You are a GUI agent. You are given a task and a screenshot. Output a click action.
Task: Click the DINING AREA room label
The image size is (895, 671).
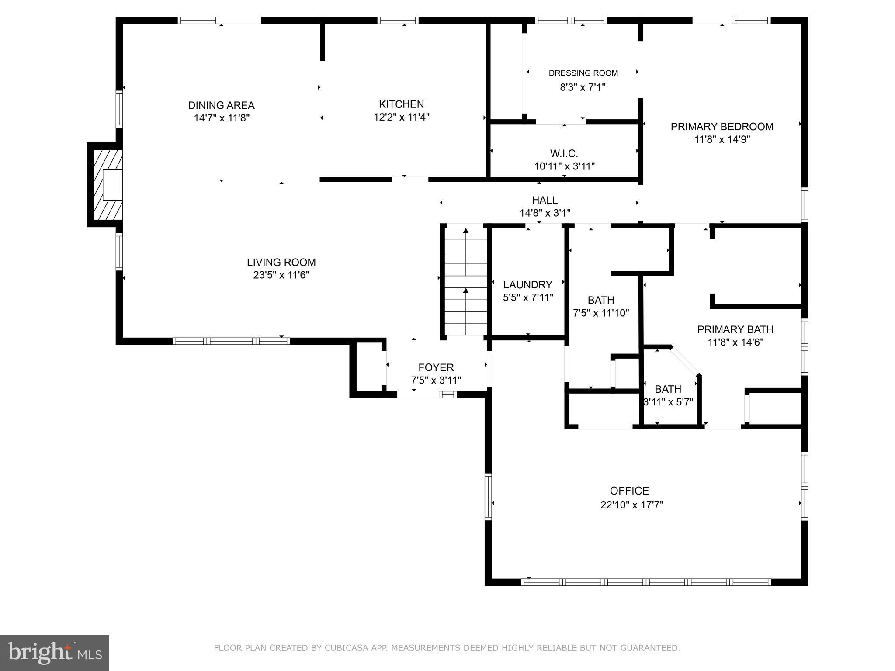point(221,105)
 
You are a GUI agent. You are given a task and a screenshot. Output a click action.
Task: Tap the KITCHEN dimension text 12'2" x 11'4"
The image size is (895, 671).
point(401,117)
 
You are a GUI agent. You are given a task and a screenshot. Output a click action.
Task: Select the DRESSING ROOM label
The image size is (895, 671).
point(583,73)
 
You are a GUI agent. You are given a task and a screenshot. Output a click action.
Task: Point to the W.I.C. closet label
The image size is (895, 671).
point(564,154)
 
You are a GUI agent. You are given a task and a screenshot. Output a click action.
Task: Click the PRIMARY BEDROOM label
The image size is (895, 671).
point(722,127)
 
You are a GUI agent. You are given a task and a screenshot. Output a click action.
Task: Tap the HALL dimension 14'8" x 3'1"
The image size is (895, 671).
point(545,213)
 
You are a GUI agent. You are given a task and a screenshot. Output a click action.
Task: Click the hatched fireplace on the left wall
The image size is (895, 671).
point(107,185)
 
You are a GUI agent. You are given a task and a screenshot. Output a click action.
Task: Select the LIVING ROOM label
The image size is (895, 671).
point(281,263)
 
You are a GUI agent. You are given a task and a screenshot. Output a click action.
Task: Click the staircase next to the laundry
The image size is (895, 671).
point(466,282)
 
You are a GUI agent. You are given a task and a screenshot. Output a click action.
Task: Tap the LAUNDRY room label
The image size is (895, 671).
point(527,285)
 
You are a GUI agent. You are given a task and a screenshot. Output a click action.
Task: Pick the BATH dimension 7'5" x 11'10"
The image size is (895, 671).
point(600,313)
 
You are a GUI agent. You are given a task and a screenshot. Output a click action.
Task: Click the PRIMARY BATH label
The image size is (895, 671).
point(735,329)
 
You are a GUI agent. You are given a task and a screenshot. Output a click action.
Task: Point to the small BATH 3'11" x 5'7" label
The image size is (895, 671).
point(668,389)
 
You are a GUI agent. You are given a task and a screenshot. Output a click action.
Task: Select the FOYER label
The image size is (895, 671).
point(436,367)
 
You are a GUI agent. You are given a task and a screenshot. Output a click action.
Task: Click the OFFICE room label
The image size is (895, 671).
point(629,491)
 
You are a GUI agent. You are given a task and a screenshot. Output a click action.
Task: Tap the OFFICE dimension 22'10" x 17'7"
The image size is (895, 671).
point(631,505)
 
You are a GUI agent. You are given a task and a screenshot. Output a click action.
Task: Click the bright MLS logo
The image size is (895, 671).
point(55,653)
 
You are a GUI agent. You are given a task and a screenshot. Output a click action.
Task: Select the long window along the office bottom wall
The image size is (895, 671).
point(647,582)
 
